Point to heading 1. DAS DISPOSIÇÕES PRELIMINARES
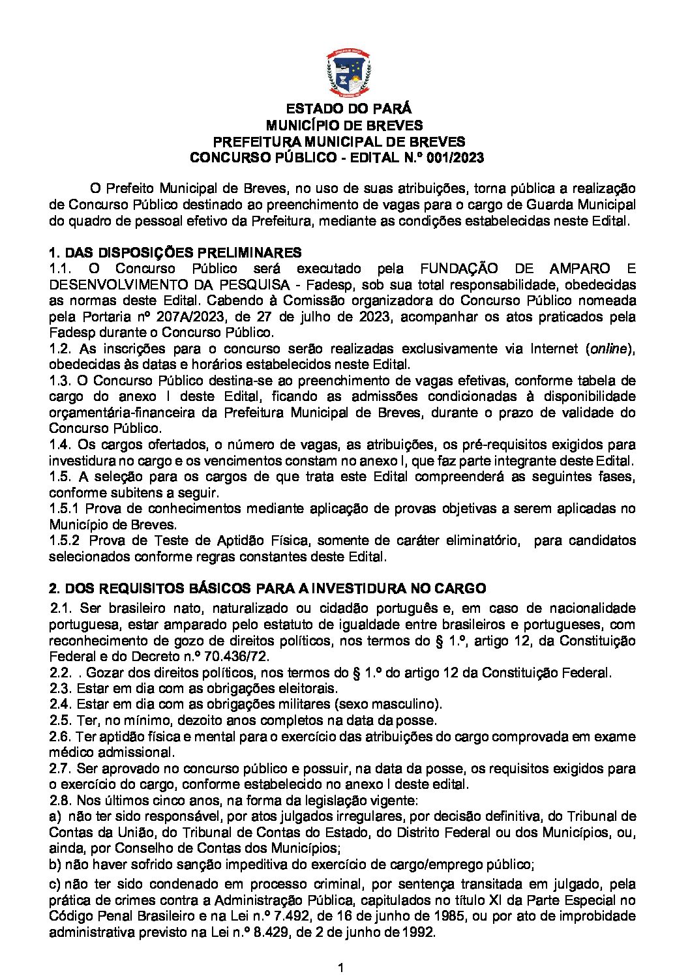(x=175, y=252)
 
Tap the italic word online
(x=609, y=349)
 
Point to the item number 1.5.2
(x=65, y=540)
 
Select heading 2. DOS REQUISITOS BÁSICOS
(x=267, y=589)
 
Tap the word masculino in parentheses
(x=411, y=704)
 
